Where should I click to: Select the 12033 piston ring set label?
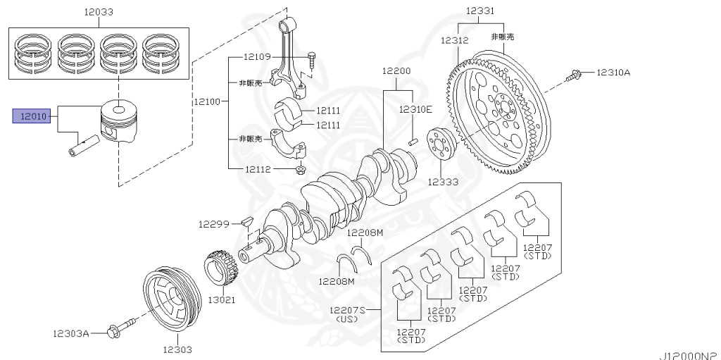pos(99,12)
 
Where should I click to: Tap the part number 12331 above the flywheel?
pos(479,11)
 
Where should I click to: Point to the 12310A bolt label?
pos(613,72)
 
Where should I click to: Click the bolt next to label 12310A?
pos(575,73)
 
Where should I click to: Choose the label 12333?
pos(442,182)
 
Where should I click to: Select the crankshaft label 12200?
pos(396,71)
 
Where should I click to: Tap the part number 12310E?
pos(415,109)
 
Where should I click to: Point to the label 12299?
pos(214,224)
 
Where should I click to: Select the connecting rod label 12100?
pos(208,101)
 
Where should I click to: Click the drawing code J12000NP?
pos(689,354)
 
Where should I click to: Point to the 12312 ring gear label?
pos(455,40)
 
